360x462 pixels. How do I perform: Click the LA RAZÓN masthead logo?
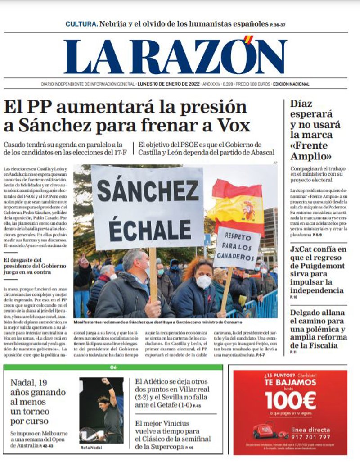(x=175, y=56)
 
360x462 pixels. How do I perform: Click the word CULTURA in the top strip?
(x=81, y=24)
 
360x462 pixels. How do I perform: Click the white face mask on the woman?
(x=203, y=281)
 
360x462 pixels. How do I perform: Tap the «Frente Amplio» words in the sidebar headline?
(x=310, y=151)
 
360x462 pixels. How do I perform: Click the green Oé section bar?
(x=113, y=367)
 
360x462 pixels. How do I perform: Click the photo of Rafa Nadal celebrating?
(x=101, y=410)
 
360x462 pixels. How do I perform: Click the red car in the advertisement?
(x=268, y=430)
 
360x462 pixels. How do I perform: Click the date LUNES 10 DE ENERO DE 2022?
(x=168, y=84)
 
